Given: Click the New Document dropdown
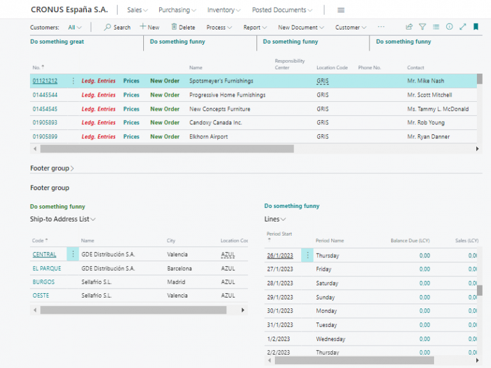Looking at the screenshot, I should (x=300, y=28).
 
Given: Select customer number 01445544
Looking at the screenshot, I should (x=45, y=95).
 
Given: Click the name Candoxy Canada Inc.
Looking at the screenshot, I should (x=215, y=122).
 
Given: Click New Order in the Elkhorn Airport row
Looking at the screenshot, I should (x=164, y=136).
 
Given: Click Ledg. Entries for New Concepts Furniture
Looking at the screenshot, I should (x=98, y=109).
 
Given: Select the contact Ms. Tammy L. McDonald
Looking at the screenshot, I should (x=437, y=109).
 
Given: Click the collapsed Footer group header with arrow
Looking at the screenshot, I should (x=52, y=168).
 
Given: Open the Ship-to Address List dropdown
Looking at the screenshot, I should (x=63, y=219).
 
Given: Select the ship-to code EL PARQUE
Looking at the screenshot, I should (x=47, y=268).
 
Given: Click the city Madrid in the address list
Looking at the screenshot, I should (x=176, y=282).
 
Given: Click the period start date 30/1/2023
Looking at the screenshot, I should (x=280, y=311).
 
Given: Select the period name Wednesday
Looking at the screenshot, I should (x=331, y=339).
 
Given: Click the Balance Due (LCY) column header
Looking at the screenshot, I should (x=410, y=241).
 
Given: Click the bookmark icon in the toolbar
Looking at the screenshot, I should (x=476, y=27).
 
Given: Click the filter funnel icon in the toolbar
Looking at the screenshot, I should (x=423, y=27).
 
